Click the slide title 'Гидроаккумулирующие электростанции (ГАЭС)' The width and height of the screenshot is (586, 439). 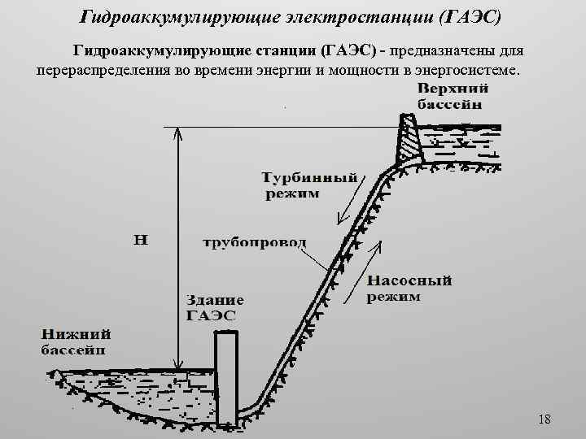292,17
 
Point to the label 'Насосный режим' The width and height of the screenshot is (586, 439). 408,289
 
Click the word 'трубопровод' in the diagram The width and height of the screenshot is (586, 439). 254,242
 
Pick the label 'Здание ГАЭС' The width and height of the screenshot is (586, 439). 211,308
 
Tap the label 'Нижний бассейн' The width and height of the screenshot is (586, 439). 77,341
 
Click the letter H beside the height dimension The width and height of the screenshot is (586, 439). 140,240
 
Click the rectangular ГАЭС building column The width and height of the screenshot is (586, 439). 225,374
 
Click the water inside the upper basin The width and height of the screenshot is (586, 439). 464,146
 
